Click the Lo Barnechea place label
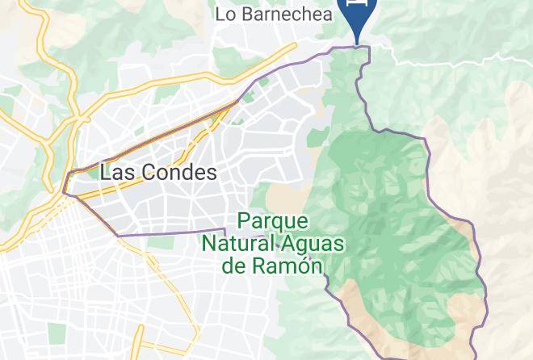coord(275,13)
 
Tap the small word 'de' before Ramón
coord(235,265)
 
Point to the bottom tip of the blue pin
coord(357,42)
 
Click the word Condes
coord(176,172)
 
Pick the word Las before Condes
coord(115,172)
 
